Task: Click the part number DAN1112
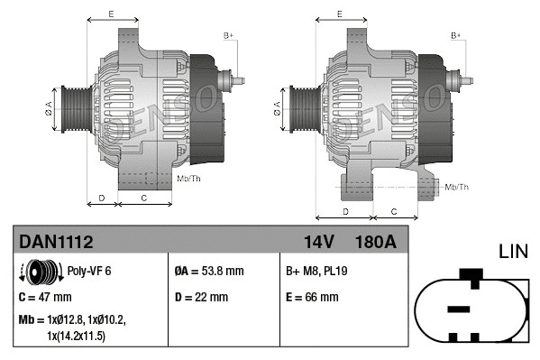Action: pyautogui.click(x=56, y=241)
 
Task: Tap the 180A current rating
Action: pyautogui.click(x=376, y=241)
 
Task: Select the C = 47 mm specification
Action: pyautogui.click(x=44, y=296)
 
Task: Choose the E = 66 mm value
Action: pyautogui.click(x=312, y=296)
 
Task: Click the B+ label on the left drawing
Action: pyautogui.click(x=228, y=35)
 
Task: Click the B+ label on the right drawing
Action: pyautogui.click(x=455, y=35)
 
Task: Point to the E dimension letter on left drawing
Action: pyautogui.click(x=111, y=14)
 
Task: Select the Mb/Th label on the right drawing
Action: pyautogui.click(x=456, y=187)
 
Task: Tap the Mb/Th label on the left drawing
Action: pyautogui.click(x=189, y=178)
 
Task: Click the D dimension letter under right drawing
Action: pyautogui.click(x=346, y=211)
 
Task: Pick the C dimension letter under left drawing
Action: pyautogui.click(x=144, y=197)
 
